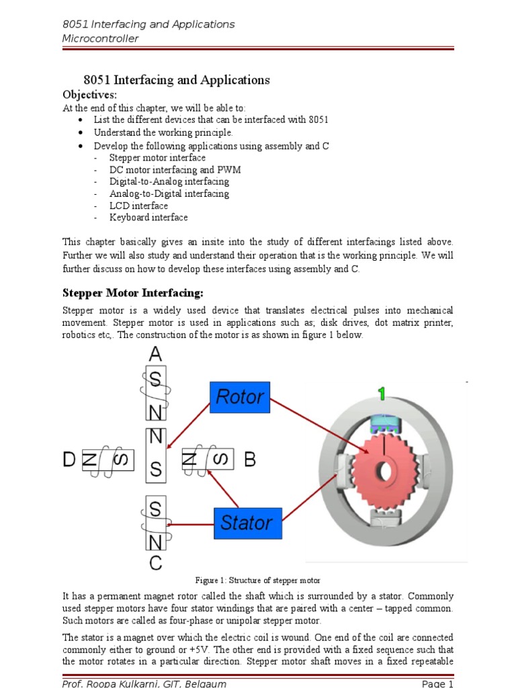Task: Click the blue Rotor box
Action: tap(240, 397)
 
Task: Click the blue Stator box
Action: tap(247, 523)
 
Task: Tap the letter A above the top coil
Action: tap(155, 354)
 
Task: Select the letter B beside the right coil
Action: tap(250, 460)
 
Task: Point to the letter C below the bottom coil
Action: tap(155, 563)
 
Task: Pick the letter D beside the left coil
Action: tap(70, 460)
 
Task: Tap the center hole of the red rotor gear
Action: tap(384, 471)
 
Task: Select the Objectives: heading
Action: tap(89, 94)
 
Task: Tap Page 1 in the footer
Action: tap(438, 683)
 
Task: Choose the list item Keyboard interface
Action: tap(148, 218)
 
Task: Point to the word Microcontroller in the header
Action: tap(100, 38)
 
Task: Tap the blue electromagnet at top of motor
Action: tap(380, 421)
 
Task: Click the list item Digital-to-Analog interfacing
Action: tap(169, 181)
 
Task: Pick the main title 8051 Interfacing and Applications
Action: tap(176, 80)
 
